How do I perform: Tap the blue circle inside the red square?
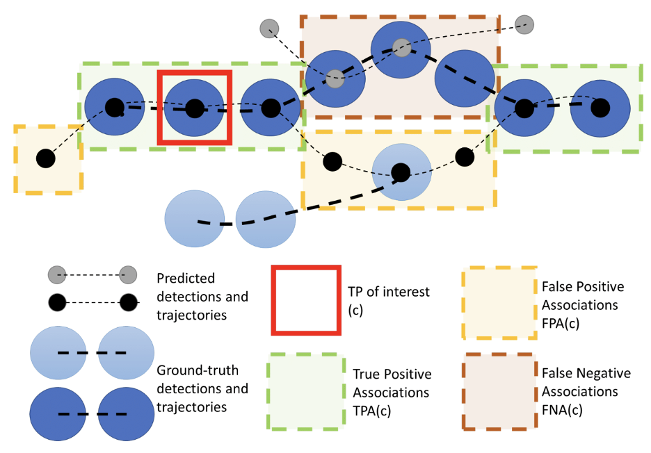click(195, 108)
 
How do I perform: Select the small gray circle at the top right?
click(525, 25)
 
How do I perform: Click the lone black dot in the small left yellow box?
click(45, 158)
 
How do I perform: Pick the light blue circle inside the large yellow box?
click(401, 172)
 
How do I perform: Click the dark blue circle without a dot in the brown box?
click(465, 78)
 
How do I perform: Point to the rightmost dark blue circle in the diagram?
click(600, 108)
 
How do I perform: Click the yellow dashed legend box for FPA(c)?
click(499, 303)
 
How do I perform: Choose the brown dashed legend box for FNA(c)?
click(499, 392)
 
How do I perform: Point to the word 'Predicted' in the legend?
click(185, 278)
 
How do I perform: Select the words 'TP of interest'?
click(389, 292)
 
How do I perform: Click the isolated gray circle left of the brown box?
click(269, 28)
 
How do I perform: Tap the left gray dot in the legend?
click(57, 275)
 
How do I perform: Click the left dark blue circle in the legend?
click(59, 415)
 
